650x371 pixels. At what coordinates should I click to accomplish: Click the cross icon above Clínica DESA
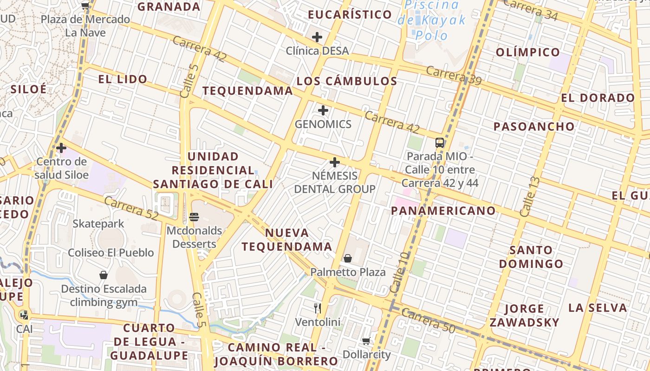[x=317, y=37]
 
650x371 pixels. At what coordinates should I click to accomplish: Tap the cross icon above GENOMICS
[x=323, y=110]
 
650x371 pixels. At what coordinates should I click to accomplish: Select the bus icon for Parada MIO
[x=440, y=142]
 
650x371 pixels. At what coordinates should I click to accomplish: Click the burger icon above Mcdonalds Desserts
[x=194, y=217]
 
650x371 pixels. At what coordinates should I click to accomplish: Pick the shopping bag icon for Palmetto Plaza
[x=348, y=258]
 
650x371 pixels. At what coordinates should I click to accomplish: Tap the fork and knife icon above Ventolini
[x=318, y=308]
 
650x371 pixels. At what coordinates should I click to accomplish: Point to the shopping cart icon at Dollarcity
[x=366, y=341]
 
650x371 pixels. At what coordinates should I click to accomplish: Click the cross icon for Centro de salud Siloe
[x=61, y=148]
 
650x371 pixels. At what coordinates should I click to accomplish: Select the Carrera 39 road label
[x=453, y=76]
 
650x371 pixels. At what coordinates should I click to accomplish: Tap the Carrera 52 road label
[x=131, y=208]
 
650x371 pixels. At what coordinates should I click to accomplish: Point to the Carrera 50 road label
[x=428, y=320]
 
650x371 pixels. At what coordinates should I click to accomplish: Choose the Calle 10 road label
[x=400, y=272]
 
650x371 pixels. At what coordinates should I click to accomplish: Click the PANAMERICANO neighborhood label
[x=443, y=211]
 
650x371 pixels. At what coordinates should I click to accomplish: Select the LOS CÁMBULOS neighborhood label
[x=347, y=81]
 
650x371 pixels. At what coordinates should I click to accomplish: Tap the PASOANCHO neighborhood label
[x=534, y=127]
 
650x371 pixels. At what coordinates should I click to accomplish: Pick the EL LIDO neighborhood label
[x=123, y=79]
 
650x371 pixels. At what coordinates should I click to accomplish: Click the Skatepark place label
[x=98, y=224]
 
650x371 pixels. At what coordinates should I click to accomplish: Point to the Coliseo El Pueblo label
[x=111, y=253]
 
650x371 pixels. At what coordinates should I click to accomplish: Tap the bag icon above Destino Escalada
[x=104, y=275]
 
